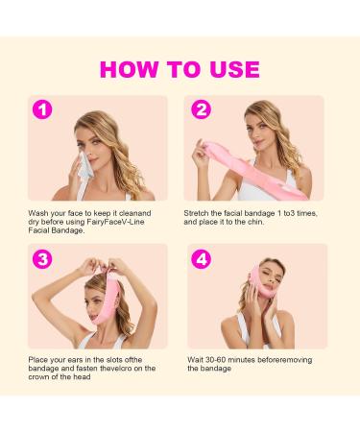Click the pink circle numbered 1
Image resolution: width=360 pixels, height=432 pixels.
click(42, 109)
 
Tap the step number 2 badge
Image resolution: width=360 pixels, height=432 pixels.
click(200, 109)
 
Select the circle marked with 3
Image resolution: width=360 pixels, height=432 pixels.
click(42, 258)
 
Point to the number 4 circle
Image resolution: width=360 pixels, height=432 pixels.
click(200, 258)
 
